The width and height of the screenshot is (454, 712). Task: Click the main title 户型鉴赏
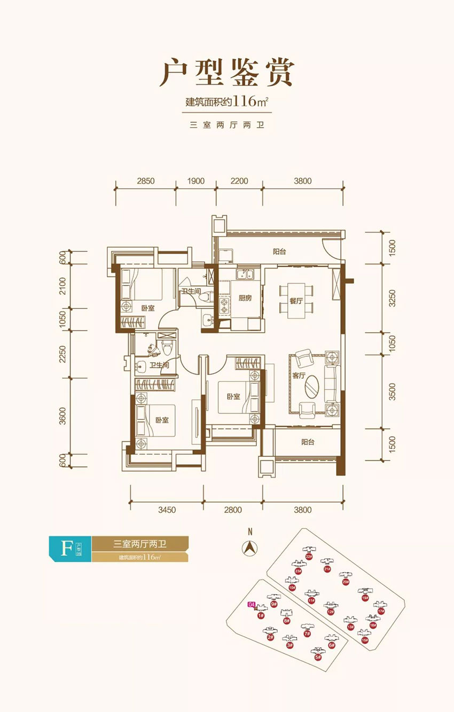227,74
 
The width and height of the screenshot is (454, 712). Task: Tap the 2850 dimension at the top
145,181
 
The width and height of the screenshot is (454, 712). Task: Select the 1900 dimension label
196,181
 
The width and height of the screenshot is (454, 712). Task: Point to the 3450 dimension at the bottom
167,510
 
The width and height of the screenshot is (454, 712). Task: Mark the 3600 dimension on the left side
62,415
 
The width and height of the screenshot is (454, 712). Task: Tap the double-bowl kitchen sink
247,276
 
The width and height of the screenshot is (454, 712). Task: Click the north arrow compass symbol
249,547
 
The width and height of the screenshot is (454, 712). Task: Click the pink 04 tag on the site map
252,605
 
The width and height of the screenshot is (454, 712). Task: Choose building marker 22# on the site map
309,556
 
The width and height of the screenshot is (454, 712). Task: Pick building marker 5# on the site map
318,657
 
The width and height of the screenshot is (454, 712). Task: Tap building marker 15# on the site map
365,640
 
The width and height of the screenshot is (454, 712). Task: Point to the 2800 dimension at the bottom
233,510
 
